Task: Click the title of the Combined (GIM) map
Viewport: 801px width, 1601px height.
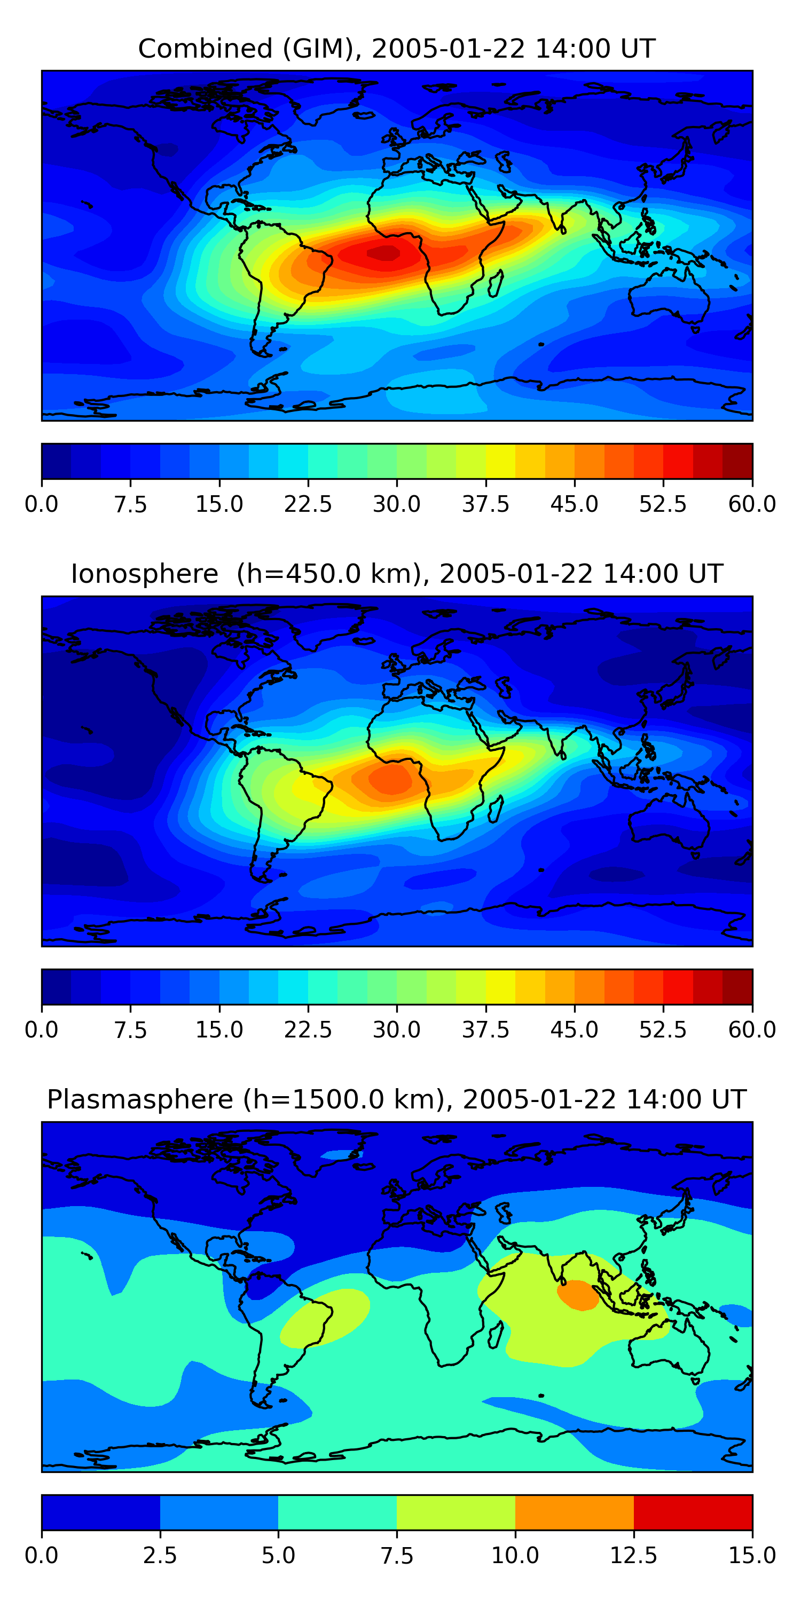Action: [397, 49]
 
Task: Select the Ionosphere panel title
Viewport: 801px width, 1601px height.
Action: [397, 574]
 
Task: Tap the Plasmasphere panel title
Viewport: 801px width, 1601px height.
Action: [397, 1099]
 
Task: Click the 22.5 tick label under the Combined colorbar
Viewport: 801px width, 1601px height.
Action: [308, 504]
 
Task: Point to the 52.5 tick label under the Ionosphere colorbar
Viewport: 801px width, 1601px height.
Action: [663, 1030]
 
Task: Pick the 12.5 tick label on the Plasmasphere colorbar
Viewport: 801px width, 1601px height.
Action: [633, 1556]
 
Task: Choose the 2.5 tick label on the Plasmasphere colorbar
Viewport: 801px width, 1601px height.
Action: [160, 1556]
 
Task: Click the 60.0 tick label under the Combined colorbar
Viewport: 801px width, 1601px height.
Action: [752, 504]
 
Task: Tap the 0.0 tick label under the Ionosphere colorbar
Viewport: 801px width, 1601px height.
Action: [42, 1030]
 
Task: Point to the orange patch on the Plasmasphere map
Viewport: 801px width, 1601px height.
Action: [578, 1295]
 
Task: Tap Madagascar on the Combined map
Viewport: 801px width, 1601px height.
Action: [496, 283]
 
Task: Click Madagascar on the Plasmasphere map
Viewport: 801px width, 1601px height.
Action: [496, 1334]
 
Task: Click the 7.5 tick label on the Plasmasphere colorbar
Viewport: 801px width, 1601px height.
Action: [397, 1556]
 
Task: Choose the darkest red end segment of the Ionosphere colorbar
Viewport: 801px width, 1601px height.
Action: [737, 987]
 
